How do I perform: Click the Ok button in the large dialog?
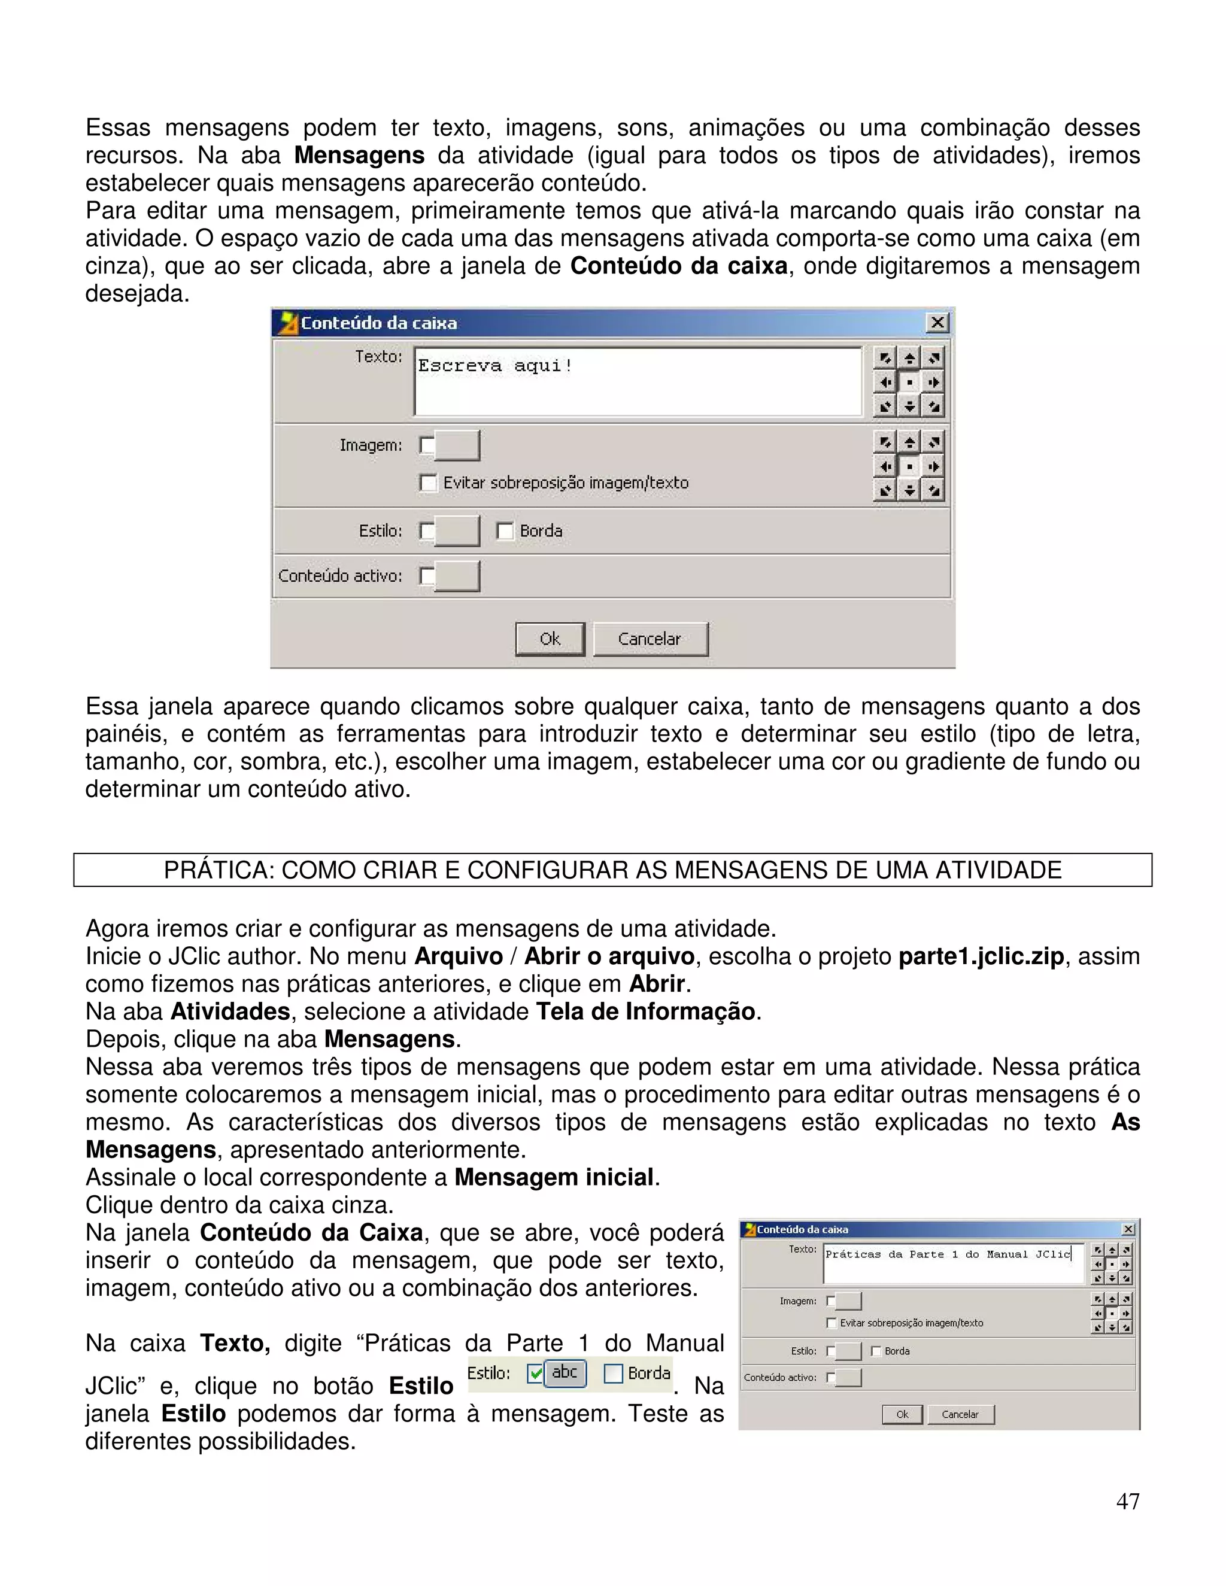550,639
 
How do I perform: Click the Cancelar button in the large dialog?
650,639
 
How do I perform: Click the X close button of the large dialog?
937,323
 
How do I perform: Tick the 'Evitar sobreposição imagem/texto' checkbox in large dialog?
429,483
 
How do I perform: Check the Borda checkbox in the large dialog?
505,531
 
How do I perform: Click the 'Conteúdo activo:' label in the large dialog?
340,576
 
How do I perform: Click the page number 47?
1127,1501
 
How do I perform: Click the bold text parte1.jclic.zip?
981,956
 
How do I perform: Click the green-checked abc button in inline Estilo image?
565,1372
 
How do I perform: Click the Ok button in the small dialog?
902,1414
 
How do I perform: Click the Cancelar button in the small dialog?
960,1414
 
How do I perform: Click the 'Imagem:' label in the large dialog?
371,445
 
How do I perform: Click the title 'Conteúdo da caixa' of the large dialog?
378,323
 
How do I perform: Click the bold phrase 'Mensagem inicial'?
554,1177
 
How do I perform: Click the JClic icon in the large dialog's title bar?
289,323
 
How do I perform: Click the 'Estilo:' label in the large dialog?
380,531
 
